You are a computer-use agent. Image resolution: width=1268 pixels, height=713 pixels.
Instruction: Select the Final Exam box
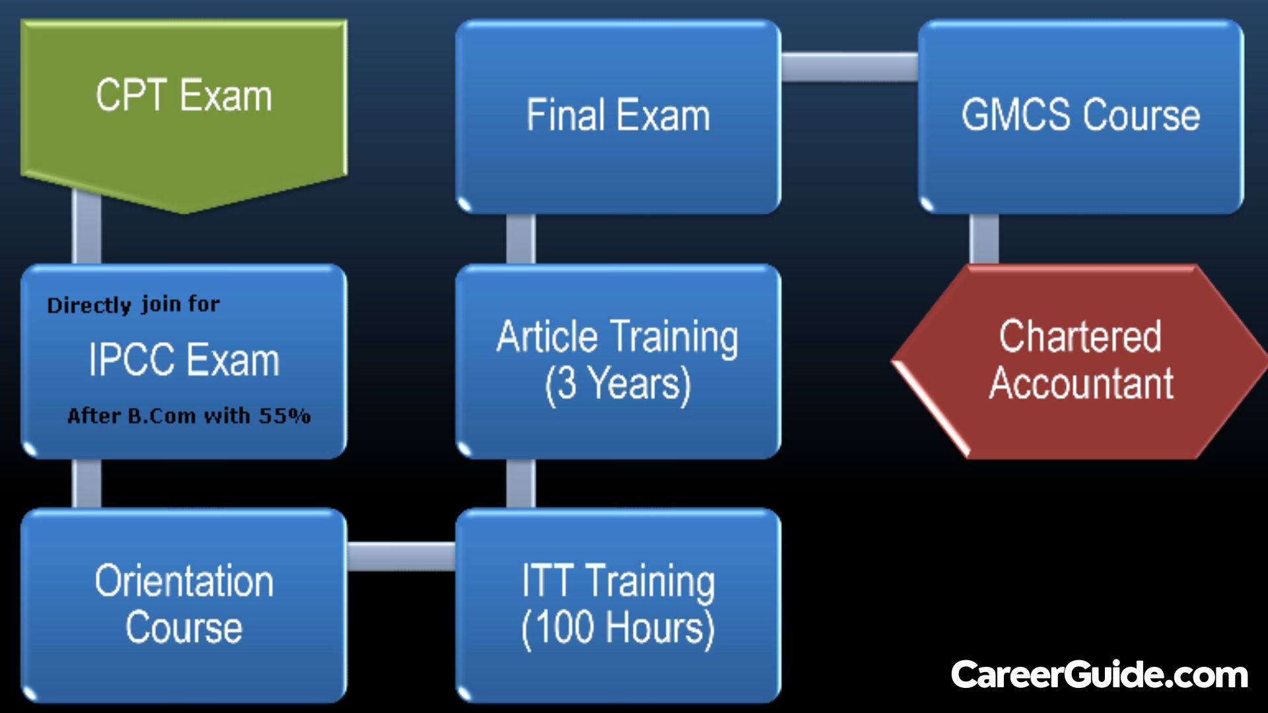pos(618,116)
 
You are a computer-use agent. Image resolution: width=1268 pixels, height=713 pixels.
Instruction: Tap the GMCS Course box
pos(1080,116)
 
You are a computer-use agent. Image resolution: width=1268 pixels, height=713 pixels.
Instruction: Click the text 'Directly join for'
pos(133,305)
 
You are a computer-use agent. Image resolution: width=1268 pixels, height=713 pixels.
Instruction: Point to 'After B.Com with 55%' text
pos(189,416)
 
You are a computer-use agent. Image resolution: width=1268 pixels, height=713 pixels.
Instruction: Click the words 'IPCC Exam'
pos(184,360)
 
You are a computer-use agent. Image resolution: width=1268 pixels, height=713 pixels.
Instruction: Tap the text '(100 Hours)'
pos(618,628)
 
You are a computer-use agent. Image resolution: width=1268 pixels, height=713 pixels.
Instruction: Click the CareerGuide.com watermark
pos(1099,675)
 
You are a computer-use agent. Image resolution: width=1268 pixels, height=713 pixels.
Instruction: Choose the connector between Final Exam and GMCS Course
pos(849,67)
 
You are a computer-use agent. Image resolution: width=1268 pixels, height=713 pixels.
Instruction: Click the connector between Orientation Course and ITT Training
pos(401,556)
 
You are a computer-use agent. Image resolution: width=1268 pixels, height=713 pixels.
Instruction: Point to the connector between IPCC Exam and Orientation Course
pos(87,483)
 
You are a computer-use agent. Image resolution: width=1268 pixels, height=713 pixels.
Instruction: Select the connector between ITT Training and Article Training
pos(521,483)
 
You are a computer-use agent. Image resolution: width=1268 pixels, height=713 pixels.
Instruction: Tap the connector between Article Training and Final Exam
pos(521,238)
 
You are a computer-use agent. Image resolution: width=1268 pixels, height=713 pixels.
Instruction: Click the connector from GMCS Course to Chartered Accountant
pos(984,238)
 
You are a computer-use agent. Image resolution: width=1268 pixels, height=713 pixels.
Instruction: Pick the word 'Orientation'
pos(184,582)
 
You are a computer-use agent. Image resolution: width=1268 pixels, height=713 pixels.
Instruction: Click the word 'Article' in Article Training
pos(547,337)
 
